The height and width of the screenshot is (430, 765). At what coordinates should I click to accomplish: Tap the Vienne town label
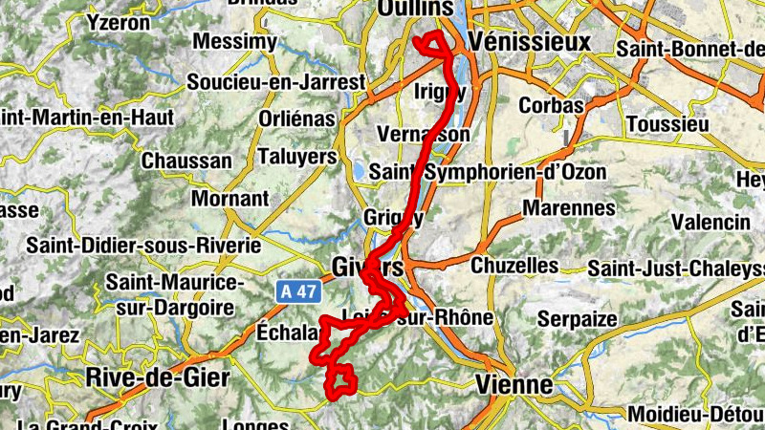click(514, 384)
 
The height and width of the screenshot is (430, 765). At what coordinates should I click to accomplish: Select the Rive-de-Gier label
click(158, 377)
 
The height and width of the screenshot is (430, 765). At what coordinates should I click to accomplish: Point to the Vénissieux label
click(530, 44)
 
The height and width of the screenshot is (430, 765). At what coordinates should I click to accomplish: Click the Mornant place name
click(230, 199)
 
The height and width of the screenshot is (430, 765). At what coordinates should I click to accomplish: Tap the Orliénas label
click(297, 119)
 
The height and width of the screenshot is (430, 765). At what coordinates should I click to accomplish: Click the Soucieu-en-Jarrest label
click(275, 83)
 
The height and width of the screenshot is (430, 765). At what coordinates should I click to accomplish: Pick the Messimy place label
click(234, 42)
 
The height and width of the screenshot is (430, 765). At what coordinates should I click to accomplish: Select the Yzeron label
click(119, 20)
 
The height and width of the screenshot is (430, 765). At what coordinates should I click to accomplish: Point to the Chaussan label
click(186, 161)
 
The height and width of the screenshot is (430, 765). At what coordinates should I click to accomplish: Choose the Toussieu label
click(668, 124)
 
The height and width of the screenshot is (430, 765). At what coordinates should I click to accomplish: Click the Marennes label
click(568, 207)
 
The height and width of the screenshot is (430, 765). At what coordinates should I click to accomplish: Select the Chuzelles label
click(514, 264)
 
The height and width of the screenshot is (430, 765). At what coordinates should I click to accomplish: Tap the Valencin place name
click(709, 222)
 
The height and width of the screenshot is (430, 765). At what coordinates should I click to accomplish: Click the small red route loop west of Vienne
click(341, 384)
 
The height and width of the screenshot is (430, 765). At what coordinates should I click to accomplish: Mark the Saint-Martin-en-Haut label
click(87, 118)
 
